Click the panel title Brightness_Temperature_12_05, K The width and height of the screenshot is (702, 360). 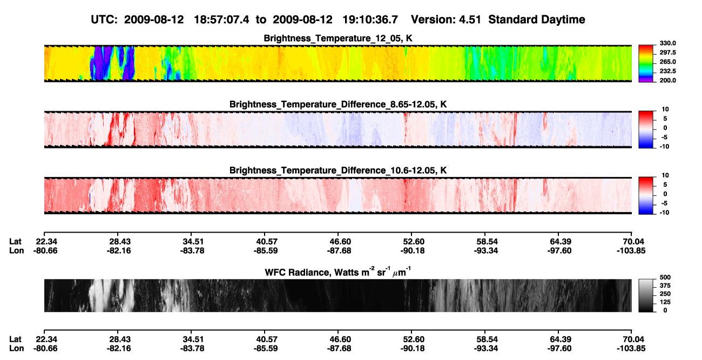tap(338, 38)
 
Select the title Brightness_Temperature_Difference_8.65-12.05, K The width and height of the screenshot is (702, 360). tap(338, 104)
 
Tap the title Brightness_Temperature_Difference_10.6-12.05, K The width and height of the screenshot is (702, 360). tap(338, 171)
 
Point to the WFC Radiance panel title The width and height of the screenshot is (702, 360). tap(338, 271)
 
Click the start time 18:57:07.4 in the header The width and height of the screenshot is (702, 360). tap(221, 20)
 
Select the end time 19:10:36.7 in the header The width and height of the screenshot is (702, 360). tap(370, 20)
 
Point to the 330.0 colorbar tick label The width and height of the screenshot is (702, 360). tap(667, 43)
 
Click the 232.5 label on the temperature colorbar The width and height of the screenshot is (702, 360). tap(667, 71)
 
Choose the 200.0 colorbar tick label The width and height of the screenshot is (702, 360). tap(667, 80)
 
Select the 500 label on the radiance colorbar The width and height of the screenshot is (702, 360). tap(665, 277)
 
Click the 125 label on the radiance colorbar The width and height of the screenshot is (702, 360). tap(665, 302)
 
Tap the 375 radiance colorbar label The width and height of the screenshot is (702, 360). tap(665, 286)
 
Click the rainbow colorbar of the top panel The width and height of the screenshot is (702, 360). tap(646, 64)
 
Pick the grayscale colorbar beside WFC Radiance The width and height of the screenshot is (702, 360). tap(646, 295)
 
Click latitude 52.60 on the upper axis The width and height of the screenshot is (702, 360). tap(413, 242)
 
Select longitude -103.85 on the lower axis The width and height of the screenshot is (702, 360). tap(631, 349)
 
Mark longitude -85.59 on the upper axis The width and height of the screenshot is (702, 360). tap(266, 251)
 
